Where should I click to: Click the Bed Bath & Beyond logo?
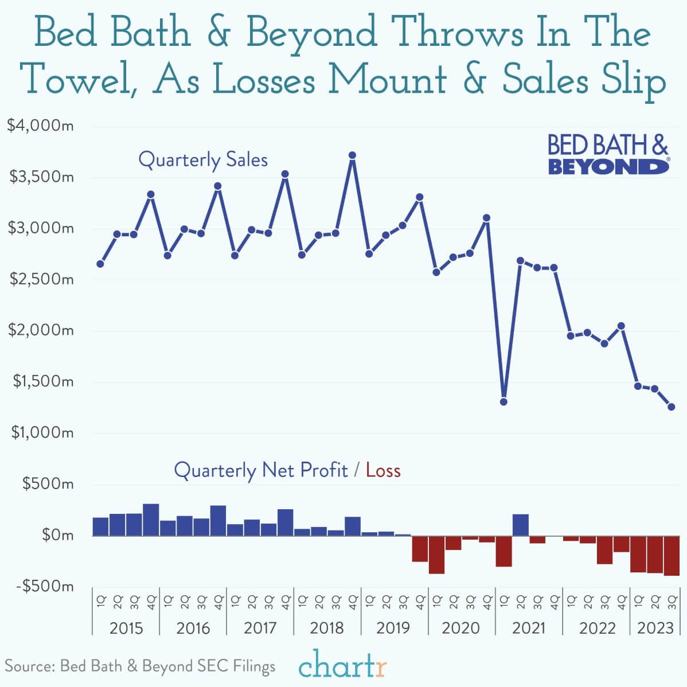pos(608,154)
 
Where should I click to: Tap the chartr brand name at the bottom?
pos(342,666)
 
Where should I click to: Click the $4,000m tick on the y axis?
pos(40,125)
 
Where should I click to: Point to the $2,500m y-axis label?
pos(40,279)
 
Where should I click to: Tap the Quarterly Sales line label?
pos(203,159)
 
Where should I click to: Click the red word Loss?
pos(383,470)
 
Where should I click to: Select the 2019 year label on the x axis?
pos(393,627)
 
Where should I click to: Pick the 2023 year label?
pos(655,627)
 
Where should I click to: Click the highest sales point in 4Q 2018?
pos(353,155)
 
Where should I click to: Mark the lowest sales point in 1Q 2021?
pos(503,401)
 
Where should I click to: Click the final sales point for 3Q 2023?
pos(672,407)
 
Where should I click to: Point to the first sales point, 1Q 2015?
pos(100,264)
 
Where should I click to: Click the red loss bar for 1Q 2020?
pos(436,555)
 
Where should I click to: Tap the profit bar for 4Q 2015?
pos(151,520)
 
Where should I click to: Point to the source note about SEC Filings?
pos(140,666)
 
